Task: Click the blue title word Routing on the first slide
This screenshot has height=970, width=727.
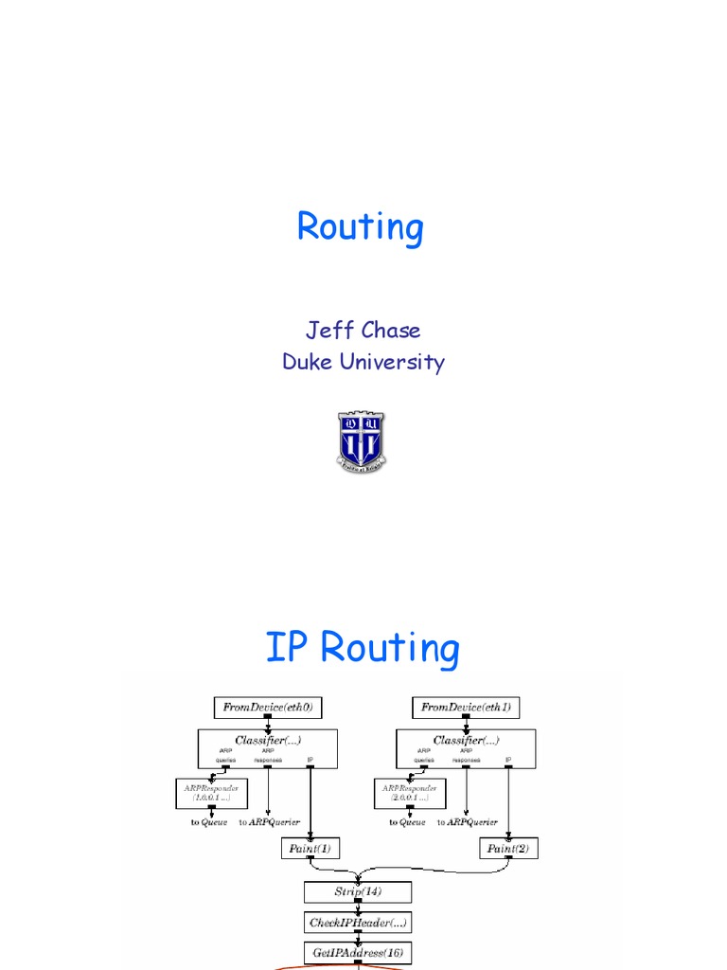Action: point(360,228)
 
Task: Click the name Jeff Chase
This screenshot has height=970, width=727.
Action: point(363,330)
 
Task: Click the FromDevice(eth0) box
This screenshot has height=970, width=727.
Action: point(268,707)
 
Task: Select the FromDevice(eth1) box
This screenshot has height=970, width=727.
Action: point(467,707)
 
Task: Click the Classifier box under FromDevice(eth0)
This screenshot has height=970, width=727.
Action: point(268,747)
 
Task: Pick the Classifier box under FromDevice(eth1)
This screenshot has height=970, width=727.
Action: point(467,747)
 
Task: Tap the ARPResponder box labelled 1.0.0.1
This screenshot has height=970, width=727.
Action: point(212,793)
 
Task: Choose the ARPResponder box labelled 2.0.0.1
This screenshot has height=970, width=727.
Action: point(411,793)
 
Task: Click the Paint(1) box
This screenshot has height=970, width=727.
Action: point(310,848)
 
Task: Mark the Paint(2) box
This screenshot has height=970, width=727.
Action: point(509,848)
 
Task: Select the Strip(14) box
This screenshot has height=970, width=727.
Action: point(357,891)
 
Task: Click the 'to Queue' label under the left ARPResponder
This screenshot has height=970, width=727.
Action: point(209,822)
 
